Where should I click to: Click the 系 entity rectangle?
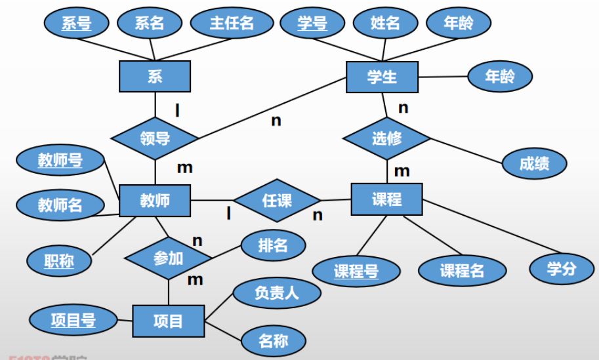click(x=155, y=77)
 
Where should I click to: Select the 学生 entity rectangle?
click(x=382, y=77)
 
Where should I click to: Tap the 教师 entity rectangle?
click(x=155, y=200)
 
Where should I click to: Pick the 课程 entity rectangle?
click(x=386, y=199)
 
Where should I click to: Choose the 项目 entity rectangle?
click(x=168, y=321)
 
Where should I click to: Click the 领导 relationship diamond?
click(x=155, y=138)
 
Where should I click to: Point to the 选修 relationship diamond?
click(x=386, y=138)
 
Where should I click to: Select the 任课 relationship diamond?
click(x=277, y=200)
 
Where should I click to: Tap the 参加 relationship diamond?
click(x=168, y=258)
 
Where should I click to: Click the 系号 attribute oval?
click(x=76, y=24)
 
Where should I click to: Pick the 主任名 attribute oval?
click(x=232, y=24)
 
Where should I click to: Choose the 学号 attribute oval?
click(x=312, y=24)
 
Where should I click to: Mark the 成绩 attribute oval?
click(x=534, y=164)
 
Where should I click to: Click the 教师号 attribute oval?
click(x=60, y=160)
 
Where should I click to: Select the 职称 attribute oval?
click(x=59, y=261)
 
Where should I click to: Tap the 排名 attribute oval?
click(x=273, y=246)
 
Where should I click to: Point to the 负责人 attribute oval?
click(x=276, y=293)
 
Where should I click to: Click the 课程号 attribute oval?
click(x=356, y=270)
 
